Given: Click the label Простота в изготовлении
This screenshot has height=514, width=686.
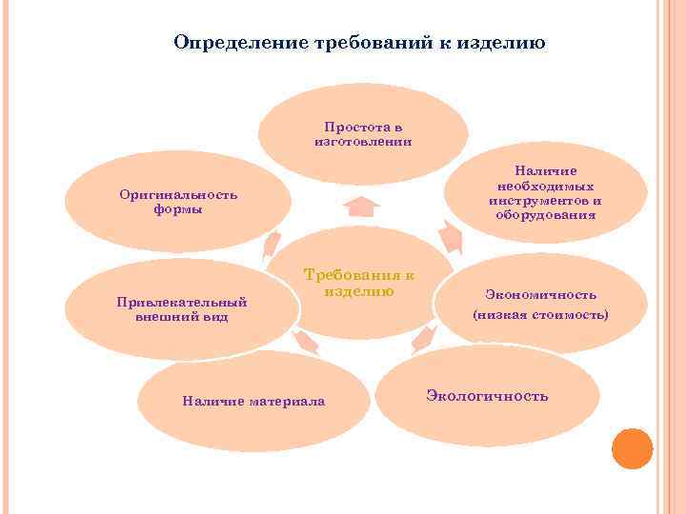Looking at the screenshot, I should coord(363,133).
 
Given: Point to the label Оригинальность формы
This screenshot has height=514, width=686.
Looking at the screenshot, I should coord(178,202).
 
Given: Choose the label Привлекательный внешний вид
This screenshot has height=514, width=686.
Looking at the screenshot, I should coord(181,309).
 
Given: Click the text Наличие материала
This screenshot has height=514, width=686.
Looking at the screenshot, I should coord(253,402).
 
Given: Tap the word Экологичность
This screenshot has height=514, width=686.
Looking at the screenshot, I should coord(487,395).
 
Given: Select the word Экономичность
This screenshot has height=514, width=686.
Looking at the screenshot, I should coord(540,295).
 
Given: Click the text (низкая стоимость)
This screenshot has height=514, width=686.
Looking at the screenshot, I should coord(540,314).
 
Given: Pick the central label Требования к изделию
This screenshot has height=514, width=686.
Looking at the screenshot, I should coord(359,283).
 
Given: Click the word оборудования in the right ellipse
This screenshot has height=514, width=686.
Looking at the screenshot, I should coord(546,215).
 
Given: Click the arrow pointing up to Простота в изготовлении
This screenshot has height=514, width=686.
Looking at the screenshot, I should coord(361,205).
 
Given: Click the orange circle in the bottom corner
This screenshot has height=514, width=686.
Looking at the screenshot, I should coord(632,448).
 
